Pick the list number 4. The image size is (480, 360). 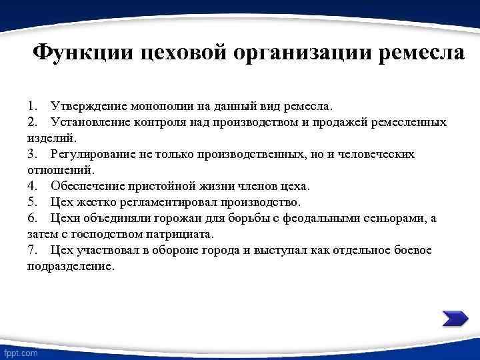point(31,186)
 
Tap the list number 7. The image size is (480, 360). point(31,250)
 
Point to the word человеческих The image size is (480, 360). point(377,154)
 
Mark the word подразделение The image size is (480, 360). point(71,266)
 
